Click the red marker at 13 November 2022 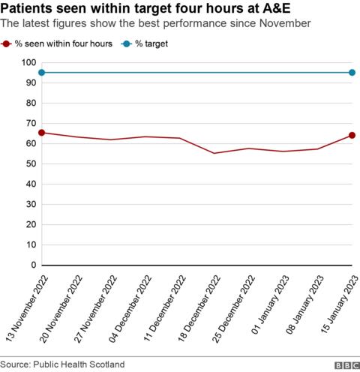tap(42, 133)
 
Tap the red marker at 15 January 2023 tap(352, 135)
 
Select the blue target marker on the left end tap(42, 73)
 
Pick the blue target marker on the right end tap(352, 73)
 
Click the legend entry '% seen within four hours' tap(63, 44)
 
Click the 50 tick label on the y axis tap(29, 164)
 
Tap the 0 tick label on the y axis tap(32, 265)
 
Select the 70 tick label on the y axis tap(29, 124)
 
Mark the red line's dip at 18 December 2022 tap(214, 153)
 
